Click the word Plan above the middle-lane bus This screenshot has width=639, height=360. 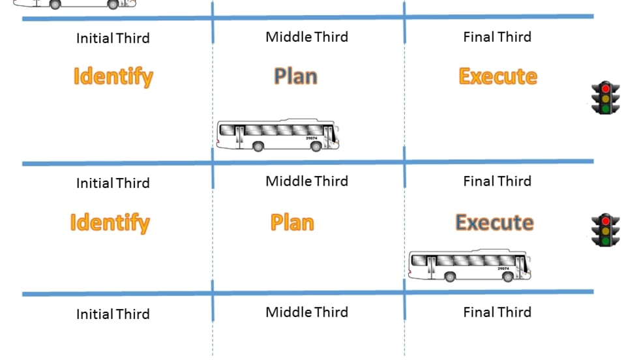click(295, 76)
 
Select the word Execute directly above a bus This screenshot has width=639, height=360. click(494, 222)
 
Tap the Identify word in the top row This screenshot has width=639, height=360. click(113, 76)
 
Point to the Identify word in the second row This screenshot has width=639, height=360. click(110, 222)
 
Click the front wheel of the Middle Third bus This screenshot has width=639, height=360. click(316, 147)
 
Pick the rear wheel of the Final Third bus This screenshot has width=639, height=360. click(450, 277)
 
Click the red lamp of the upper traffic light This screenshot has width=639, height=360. click(605, 89)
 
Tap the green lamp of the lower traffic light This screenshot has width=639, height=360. click(605, 240)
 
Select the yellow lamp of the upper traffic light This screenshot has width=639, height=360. click(605, 98)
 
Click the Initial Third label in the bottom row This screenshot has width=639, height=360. click(113, 314)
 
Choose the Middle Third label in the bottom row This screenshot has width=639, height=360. click(306, 312)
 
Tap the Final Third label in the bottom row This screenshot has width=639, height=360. click(497, 312)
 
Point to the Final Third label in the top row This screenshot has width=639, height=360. click(497, 37)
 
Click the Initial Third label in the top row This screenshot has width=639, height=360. click(113, 38)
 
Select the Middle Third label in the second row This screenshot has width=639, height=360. click(306, 181)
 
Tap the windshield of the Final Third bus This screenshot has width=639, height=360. click(526, 264)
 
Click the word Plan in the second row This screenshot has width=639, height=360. click(292, 222)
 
